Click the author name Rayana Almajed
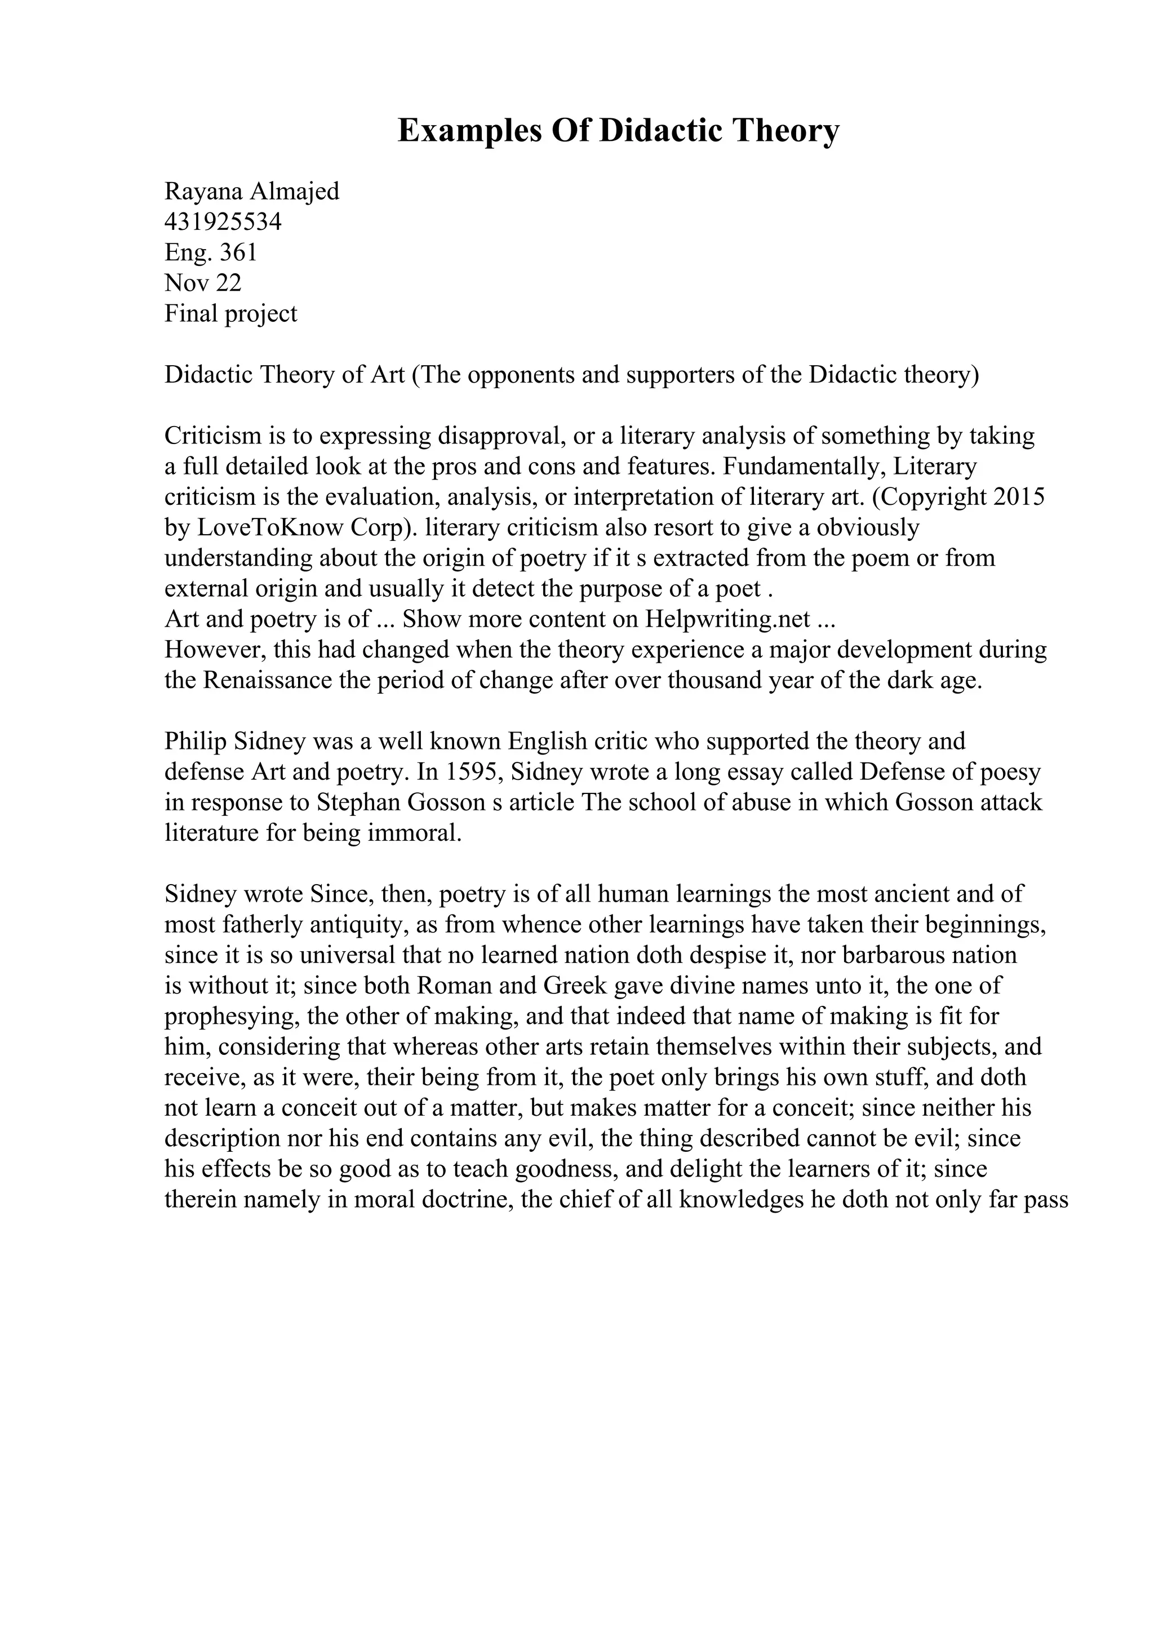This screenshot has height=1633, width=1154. tap(252, 192)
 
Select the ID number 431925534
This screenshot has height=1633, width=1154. tap(223, 222)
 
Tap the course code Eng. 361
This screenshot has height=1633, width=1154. tap(211, 252)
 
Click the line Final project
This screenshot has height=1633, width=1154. tap(230, 314)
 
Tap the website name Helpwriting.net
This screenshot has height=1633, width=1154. tap(727, 619)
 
